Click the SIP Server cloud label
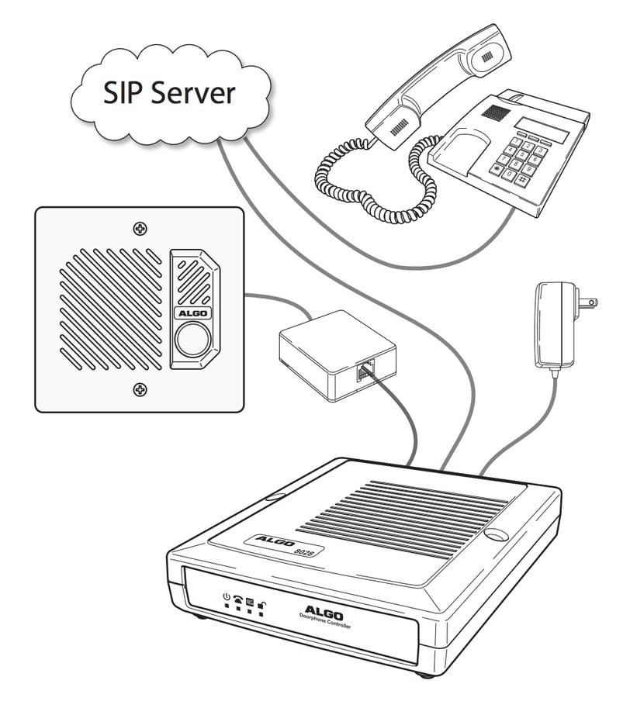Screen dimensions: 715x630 (170, 92)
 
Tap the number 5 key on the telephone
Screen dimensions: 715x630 (522, 154)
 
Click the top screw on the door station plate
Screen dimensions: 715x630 (140, 229)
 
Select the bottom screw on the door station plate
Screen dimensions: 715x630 (140, 389)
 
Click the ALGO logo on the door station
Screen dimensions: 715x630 (189, 313)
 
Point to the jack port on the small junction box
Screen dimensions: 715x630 (364, 371)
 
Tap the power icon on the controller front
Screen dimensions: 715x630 (226, 596)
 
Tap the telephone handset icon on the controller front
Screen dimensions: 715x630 (237, 599)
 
